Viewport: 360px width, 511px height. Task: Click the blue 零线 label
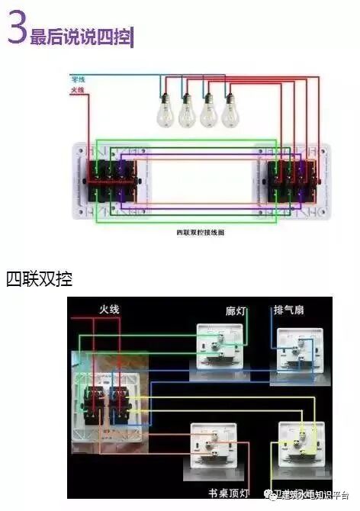point(77,79)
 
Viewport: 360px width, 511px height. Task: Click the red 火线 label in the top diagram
point(77,91)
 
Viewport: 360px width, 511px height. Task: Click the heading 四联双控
point(39,278)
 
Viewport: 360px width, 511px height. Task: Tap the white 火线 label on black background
point(110,309)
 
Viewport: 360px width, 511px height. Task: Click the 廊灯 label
point(236,311)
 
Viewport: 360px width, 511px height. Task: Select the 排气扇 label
point(290,311)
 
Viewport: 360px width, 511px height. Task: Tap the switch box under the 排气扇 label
point(294,350)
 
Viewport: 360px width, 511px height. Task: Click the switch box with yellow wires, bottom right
point(301,445)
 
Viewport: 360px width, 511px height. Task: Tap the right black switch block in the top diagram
point(289,182)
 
